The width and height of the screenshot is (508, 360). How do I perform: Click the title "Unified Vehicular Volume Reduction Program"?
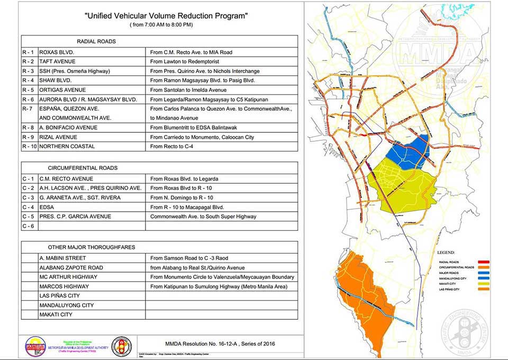click(166, 16)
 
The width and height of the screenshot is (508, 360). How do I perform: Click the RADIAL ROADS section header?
click(96, 41)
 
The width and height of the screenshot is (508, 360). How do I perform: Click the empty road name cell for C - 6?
click(92, 226)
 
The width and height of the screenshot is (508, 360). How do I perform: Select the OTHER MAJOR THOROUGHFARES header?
click(92, 247)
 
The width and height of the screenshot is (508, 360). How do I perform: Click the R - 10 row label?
click(29, 146)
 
